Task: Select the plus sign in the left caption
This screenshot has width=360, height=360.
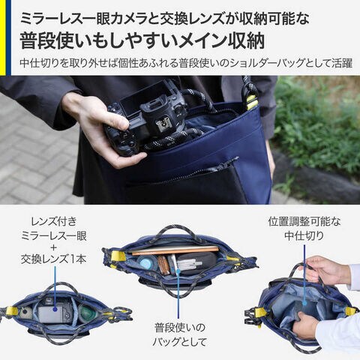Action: click(x=54, y=247)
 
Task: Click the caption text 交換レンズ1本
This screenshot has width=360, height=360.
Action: click(x=54, y=259)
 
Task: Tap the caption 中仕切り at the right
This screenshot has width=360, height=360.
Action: click(x=304, y=235)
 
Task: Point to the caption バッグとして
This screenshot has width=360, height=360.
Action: click(x=179, y=341)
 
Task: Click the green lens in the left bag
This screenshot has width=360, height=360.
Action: click(x=85, y=313)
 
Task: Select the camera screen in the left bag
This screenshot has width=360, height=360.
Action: click(x=50, y=314)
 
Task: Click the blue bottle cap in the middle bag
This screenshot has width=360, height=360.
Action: click(x=145, y=263)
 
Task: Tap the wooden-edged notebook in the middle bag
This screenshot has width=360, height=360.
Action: click(x=175, y=250)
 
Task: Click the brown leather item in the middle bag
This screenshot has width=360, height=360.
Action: click(x=163, y=265)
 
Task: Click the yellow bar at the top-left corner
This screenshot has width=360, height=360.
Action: click(x=2, y=37)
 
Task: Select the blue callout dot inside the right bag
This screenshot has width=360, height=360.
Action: click(x=304, y=303)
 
